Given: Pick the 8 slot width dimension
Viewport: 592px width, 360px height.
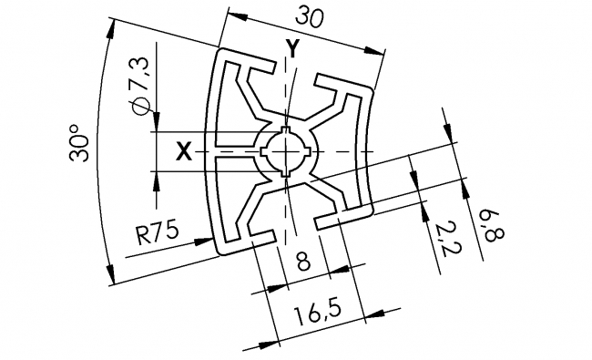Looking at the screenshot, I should click(302, 262).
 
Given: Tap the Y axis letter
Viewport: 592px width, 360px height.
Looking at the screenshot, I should click(291, 48).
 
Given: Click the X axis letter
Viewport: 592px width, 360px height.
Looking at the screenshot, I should click(183, 152).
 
